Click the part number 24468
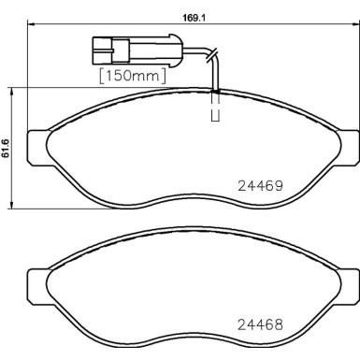tap(257, 327)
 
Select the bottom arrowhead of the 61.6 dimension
tap(12, 207)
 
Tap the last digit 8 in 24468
tap(278, 327)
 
